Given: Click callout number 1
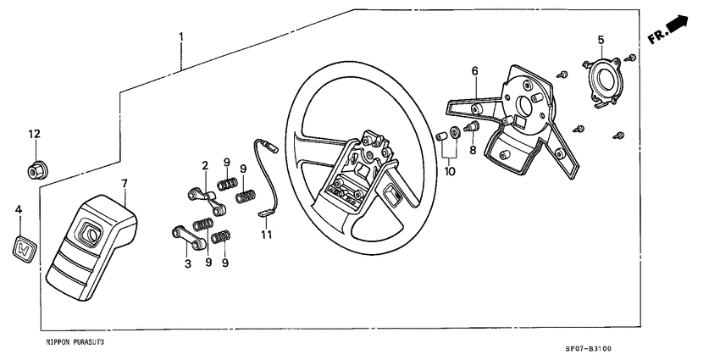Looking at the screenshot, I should (x=181, y=36).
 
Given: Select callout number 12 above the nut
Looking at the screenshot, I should (x=34, y=135).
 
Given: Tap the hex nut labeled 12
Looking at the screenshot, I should (x=35, y=170).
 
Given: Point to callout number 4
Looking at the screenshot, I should (x=19, y=208).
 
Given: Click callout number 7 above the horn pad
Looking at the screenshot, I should (x=124, y=183).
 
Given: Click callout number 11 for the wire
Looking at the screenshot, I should (x=266, y=234).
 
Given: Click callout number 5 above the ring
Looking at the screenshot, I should (x=601, y=40).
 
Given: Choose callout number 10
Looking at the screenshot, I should (x=449, y=171).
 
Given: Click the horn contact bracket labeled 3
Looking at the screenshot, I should (x=188, y=240).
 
